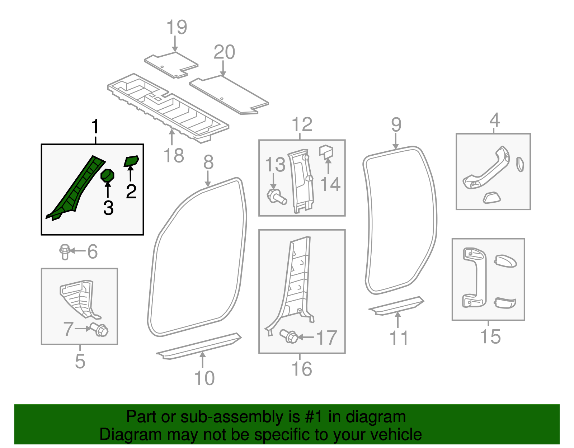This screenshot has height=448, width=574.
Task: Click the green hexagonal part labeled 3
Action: [x=107, y=175]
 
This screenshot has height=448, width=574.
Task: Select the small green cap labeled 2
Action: [x=131, y=161]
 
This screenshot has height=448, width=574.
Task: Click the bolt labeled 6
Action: [x=65, y=251]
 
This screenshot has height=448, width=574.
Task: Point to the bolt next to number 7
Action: [x=100, y=329]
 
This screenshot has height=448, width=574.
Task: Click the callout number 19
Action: [x=177, y=27]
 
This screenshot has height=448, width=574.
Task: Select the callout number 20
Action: [x=224, y=52]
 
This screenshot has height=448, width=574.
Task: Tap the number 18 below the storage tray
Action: [x=174, y=156]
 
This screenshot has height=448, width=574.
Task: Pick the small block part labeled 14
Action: [x=326, y=152]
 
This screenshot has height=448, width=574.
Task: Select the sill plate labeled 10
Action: [x=199, y=346]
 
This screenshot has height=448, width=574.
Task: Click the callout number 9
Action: [x=396, y=125]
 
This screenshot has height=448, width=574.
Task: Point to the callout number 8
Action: [x=208, y=162]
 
